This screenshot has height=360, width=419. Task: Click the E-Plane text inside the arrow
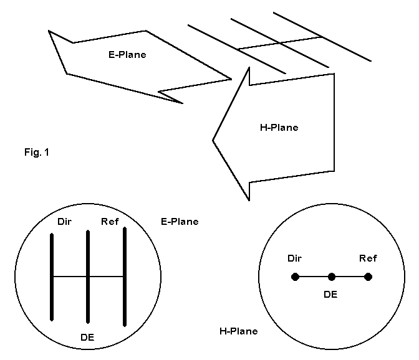tap(127, 55)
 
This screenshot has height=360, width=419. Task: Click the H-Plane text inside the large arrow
tap(279, 128)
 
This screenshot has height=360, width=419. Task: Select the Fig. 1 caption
tap(37, 152)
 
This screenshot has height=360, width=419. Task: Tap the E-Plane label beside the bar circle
tap(180, 221)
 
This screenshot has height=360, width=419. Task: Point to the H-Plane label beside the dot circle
tap(238, 331)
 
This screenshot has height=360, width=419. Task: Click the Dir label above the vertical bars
tap(65, 221)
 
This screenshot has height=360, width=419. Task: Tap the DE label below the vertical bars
tap(88, 338)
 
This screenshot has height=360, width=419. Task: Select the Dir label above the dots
tap(295, 258)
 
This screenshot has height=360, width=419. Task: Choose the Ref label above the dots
tap(368, 258)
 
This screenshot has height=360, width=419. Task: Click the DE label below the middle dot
tap(330, 293)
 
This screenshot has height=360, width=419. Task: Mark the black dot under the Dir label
tap(295, 277)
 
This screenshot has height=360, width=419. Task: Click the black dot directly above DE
tap(332, 277)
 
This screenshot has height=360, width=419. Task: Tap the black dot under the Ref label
tap(368, 277)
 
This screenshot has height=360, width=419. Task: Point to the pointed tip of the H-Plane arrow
tap(214, 140)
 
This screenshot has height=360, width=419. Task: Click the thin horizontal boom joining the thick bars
tap(70, 276)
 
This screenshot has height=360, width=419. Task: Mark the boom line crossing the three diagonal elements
tap(281, 43)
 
